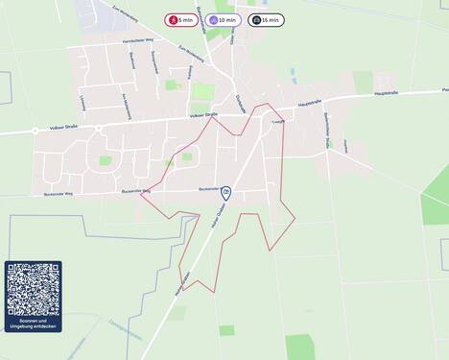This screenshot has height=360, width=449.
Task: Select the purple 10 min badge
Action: tap(224, 19)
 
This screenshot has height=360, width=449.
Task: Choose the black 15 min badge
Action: tap(267, 19)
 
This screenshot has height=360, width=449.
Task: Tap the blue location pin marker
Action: tap(226, 193)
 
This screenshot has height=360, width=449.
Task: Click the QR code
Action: tap(34, 289)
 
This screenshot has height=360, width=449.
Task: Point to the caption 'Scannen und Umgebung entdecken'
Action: tap(34, 324)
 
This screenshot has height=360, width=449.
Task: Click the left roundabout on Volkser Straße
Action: tap(35, 130)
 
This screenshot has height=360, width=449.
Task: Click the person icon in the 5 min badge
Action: tap(174, 19)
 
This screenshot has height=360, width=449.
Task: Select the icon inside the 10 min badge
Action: tap(213, 19)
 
